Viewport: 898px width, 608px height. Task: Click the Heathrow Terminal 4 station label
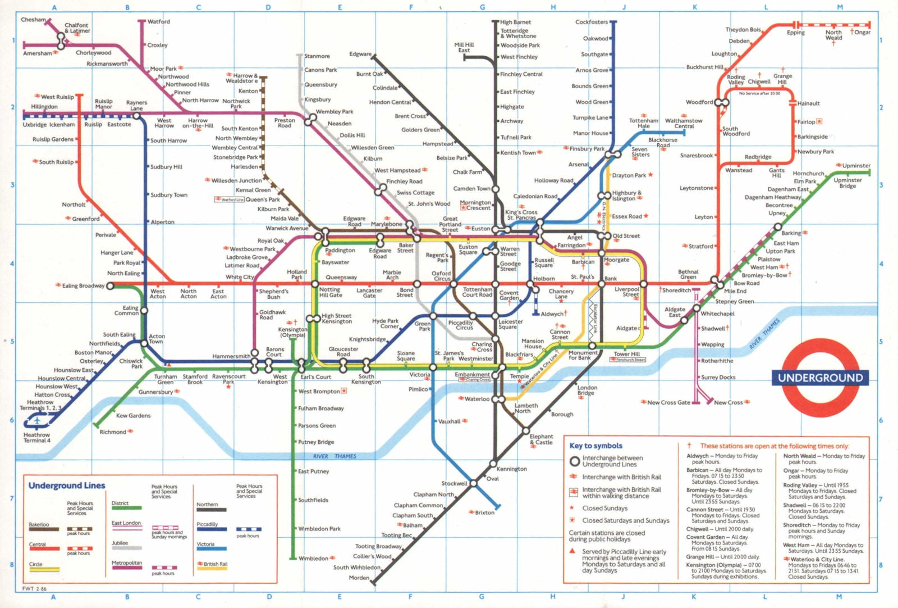[x=36, y=437]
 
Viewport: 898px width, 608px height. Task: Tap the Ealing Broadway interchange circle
[x=110, y=285]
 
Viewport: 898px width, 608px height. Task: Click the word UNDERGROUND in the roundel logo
[x=820, y=378]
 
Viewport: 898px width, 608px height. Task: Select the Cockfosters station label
[x=591, y=22]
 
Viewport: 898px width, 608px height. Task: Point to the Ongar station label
[x=862, y=32]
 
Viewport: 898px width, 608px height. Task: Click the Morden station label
[x=359, y=578]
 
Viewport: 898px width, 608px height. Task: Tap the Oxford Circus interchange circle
[x=453, y=284]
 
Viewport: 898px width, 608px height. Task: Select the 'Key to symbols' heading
[x=595, y=446]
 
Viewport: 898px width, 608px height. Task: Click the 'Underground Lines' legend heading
[x=67, y=486]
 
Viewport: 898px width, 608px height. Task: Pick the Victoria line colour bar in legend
[x=212, y=549]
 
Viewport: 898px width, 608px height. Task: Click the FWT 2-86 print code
[x=34, y=589]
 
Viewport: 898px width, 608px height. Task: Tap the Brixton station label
[x=484, y=512]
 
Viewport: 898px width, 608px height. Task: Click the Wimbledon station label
[x=313, y=558]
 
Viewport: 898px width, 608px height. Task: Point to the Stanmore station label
[x=317, y=56]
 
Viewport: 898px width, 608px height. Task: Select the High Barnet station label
[x=515, y=22]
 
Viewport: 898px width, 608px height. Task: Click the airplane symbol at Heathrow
[x=38, y=420]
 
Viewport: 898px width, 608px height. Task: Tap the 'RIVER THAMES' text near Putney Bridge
[x=335, y=456]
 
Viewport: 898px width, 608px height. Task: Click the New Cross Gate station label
[x=668, y=402]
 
